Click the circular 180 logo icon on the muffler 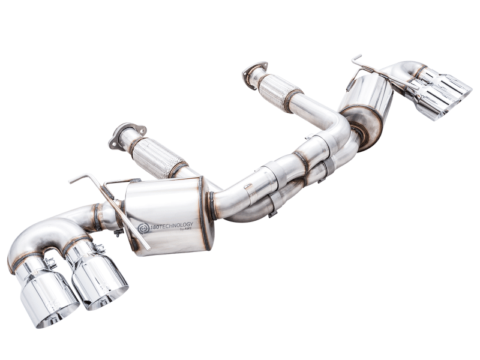143,228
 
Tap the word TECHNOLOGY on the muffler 175,226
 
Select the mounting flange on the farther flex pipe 254,74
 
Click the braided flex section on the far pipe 279,91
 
